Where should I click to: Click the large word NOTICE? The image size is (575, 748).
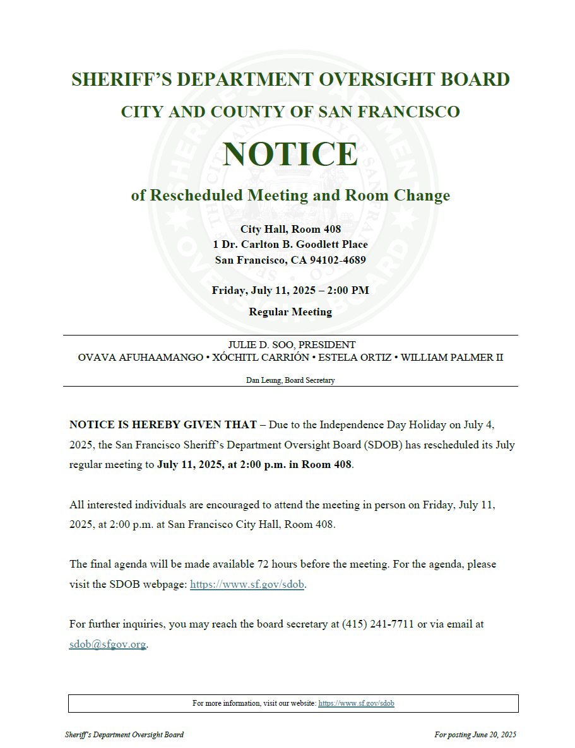coord(290,154)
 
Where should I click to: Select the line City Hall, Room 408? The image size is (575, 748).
coord(290,230)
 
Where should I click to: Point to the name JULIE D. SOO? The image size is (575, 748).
coord(261,345)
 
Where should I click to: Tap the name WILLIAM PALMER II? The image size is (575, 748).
coord(452,358)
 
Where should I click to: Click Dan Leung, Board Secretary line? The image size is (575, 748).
coord(290,380)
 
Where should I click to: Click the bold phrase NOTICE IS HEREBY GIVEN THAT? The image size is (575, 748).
coord(163,425)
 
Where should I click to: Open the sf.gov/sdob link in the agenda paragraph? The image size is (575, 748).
coord(247,584)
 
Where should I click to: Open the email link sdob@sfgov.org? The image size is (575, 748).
coord(107,645)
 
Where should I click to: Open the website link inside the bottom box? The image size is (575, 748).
coord(356,703)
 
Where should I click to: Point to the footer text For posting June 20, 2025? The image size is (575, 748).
coord(475,735)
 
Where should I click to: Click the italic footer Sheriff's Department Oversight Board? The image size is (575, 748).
coord(124,735)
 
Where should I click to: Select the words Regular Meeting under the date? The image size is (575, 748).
coord(290,312)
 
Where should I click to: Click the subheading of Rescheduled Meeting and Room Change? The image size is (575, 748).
coord(290,196)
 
